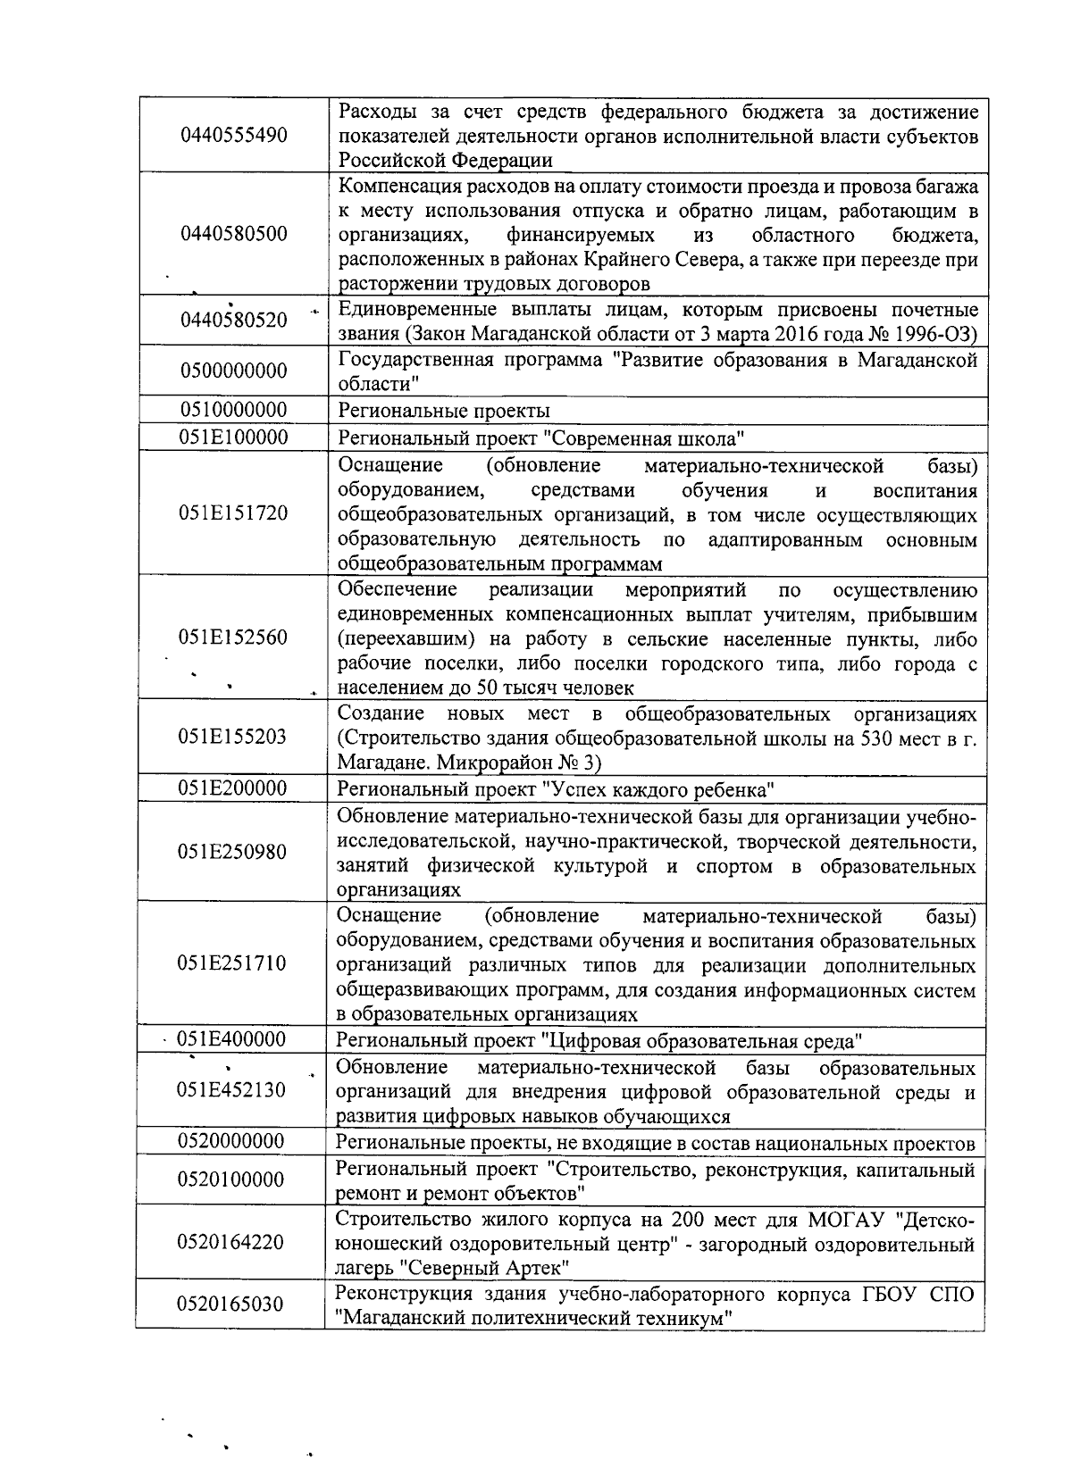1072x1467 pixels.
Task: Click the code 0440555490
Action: click(x=234, y=136)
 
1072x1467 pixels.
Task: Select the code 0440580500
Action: click(x=234, y=235)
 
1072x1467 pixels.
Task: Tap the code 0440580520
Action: click(x=234, y=321)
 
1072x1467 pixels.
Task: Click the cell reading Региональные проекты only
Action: click(x=444, y=411)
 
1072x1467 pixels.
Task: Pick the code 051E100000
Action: click(x=233, y=438)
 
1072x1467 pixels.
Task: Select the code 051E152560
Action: click(x=233, y=638)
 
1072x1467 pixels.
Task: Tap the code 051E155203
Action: click(x=233, y=737)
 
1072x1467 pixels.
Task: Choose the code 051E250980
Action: click(x=233, y=852)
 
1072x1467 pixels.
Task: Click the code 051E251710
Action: click(x=233, y=963)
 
